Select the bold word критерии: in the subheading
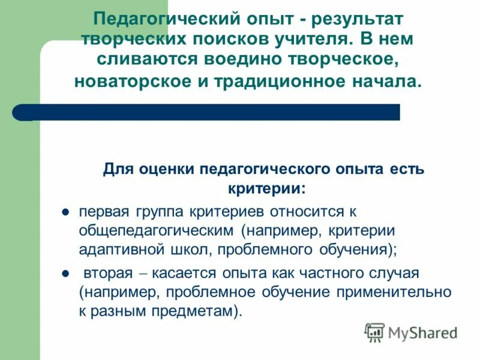(x=266, y=188)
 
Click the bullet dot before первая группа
(x=67, y=211)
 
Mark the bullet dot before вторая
(x=67, y=274)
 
